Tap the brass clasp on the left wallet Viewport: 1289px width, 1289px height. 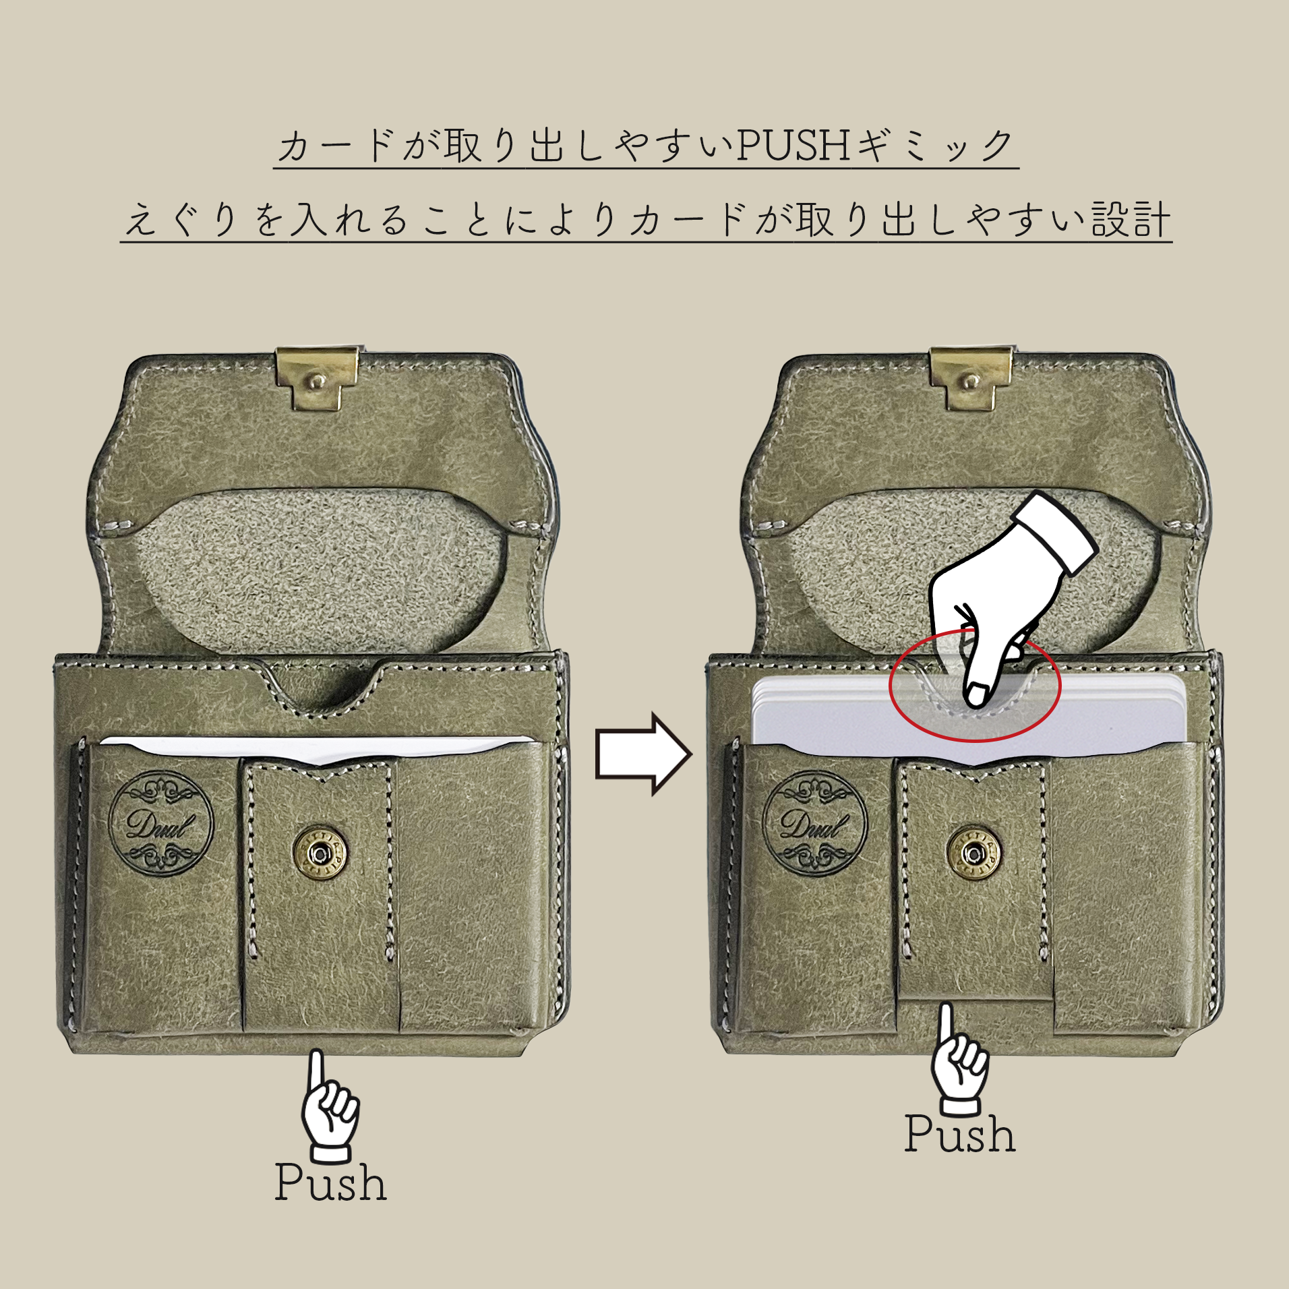pyautogui.click(x=316, y=379)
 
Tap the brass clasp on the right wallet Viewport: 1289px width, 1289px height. pyautogui.click(x=970, y=379)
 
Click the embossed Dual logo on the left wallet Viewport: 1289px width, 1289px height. pyautogui.click(x=161, y=824)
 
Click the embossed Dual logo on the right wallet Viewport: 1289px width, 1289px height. pyautogui.click(x=814, y=824)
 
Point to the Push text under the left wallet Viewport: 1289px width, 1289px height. pyautogui.click(x=330, y=1182)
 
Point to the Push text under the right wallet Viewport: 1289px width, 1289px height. pyautogui.click(x=959, y=1135)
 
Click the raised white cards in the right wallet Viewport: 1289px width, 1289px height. pyautogui.click(x=836, y=715)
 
